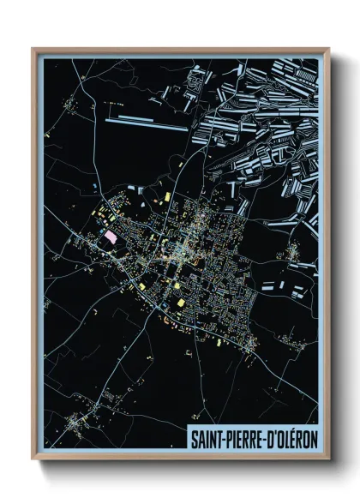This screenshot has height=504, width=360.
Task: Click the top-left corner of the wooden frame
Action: (33, 50)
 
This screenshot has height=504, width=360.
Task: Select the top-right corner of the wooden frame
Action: (328, 50)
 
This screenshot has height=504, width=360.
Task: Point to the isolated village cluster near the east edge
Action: (294, 252)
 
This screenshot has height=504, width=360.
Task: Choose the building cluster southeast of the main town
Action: (251, 343)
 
